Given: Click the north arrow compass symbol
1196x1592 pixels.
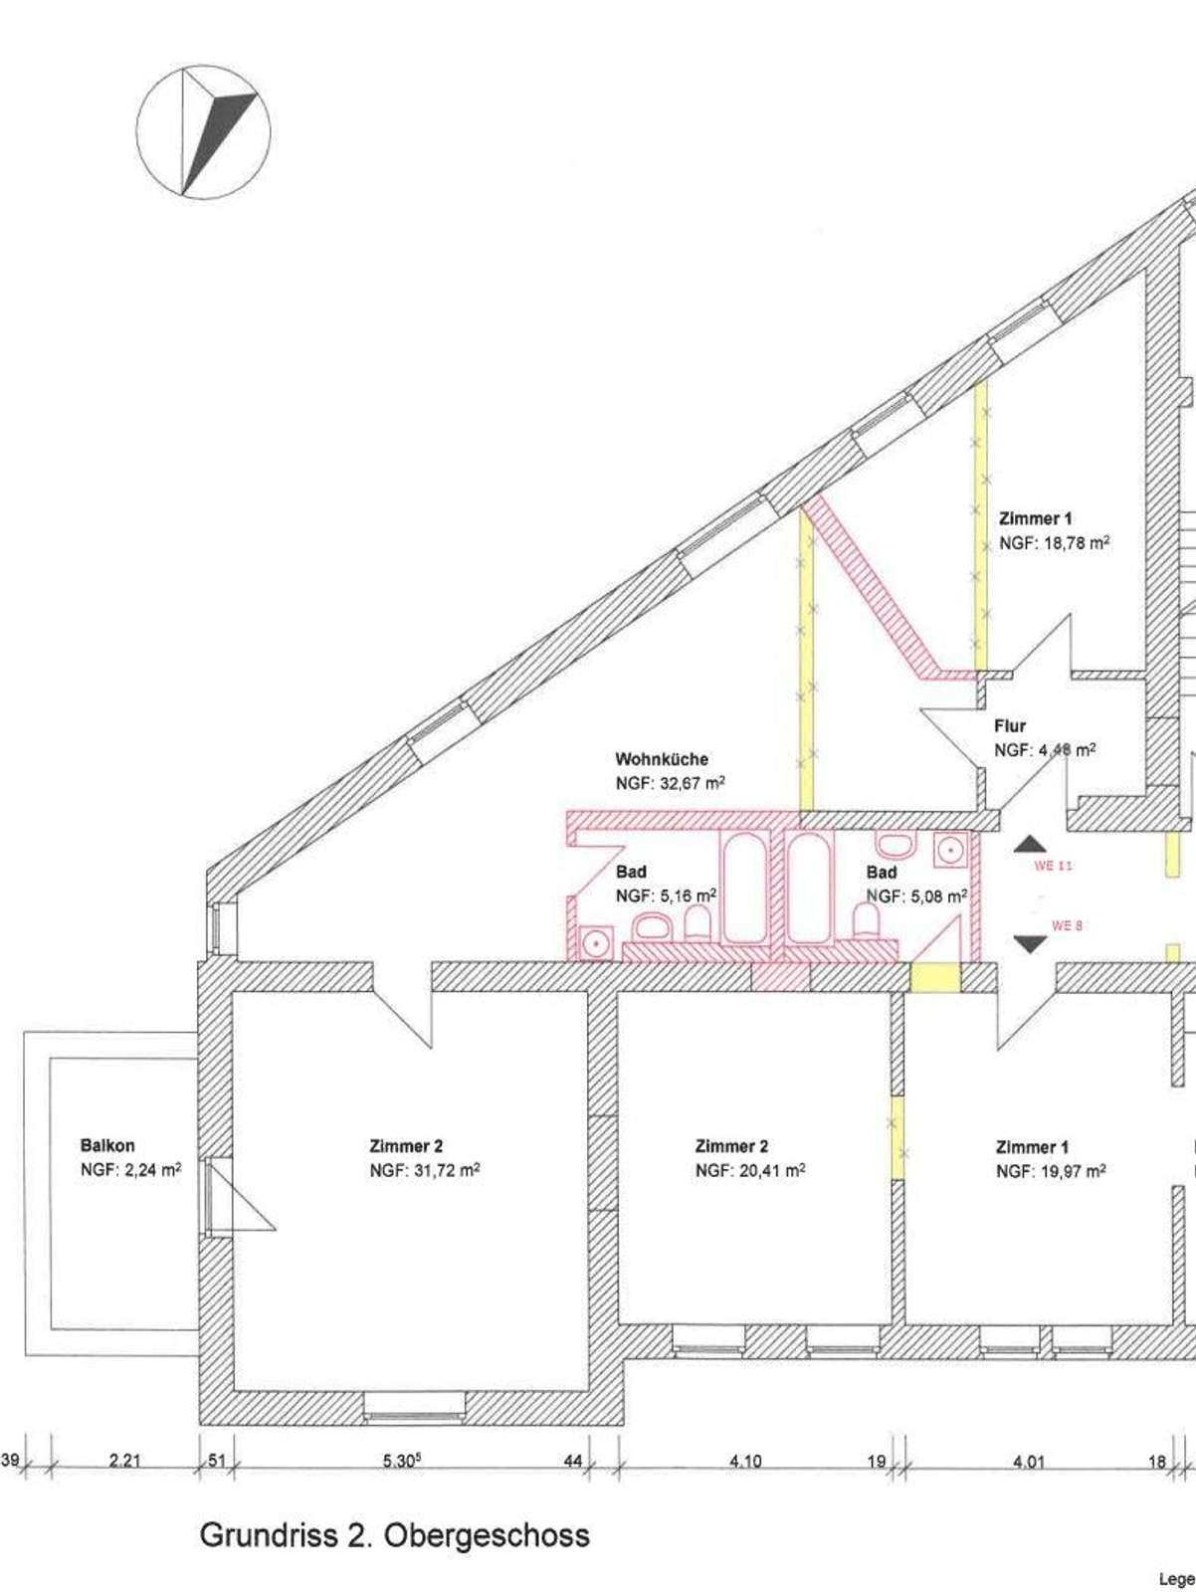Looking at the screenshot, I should [203, 132].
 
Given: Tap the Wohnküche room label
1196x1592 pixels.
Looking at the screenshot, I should [662, 759].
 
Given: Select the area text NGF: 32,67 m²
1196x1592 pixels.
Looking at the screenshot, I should [670, 783].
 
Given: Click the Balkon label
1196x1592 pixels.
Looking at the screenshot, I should [107, 1145].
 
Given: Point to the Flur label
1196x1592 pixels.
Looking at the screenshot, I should [1010, 726].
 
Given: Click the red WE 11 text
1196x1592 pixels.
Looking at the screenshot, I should [1053, 866].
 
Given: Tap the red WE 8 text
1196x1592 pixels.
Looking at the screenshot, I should [1067, 925].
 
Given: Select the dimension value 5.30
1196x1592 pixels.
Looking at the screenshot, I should [402, 1461].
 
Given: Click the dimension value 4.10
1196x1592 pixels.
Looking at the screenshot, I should [745, 1461].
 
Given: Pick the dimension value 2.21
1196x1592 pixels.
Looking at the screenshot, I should [125, 1461].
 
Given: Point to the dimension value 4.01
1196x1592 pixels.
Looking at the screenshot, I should [1029, 1462].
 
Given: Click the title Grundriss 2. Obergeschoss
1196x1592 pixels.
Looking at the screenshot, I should [395, 1535].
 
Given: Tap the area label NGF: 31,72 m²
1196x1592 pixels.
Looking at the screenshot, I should [425, 1170].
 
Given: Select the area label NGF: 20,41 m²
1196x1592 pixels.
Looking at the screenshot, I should [750, 1170].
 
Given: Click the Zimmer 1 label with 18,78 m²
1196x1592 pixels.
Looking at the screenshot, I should [1035, 518].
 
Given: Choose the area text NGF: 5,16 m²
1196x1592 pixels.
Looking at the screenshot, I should [666, 895].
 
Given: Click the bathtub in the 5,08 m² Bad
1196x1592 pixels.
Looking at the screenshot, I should [808, 889].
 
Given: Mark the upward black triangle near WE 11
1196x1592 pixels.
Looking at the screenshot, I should [1030, 845].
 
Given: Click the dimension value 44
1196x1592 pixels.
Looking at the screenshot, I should [573, 1461].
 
